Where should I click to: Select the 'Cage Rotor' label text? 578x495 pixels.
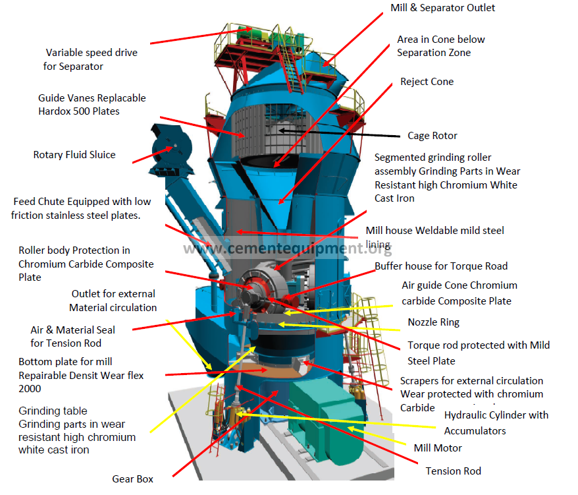pos(433,136)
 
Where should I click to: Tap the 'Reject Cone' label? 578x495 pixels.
pos(427,82)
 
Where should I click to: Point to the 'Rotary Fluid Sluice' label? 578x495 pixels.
pos(74,155)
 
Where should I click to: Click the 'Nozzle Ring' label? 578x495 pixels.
pos(433,322)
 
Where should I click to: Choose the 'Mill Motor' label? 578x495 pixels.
pos(438,448)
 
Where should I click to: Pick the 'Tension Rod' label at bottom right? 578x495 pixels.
pos(453,471)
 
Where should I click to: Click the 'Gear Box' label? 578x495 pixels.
pos(132,479)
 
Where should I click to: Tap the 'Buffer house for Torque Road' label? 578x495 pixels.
pos(441,266)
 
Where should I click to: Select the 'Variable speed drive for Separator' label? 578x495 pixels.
pos(92,59)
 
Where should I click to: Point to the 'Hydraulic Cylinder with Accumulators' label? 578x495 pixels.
pos(496,422)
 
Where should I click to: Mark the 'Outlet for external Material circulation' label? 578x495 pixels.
pos(113,301)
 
